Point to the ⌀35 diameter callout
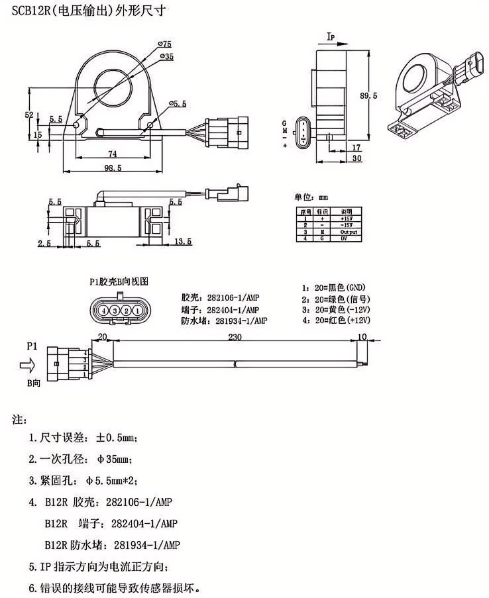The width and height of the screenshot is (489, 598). click(x=166, y=58)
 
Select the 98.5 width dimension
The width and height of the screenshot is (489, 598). click(x=114, y=168)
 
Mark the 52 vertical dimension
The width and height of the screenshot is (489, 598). click(x=28, y=115)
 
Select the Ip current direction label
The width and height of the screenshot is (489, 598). click(x=333, y=37)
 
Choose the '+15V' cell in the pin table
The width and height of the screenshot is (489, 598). click(x=347, y=218)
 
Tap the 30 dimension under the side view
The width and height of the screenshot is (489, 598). click(x=356, y=159)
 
